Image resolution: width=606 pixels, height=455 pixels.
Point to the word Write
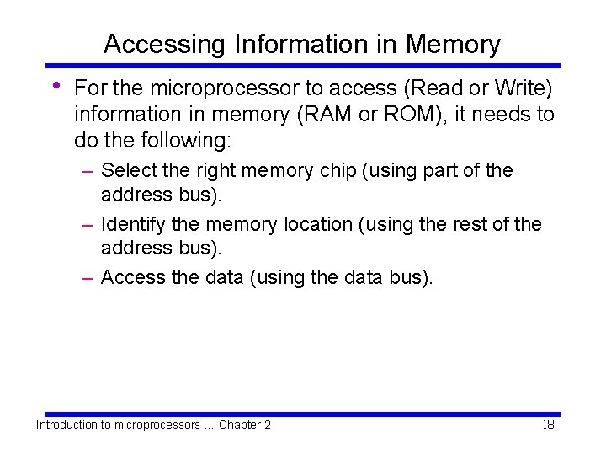518,88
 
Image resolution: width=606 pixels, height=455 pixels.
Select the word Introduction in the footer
66,425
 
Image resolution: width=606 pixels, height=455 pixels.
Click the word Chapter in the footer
239,425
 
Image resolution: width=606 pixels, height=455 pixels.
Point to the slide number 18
548,425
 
